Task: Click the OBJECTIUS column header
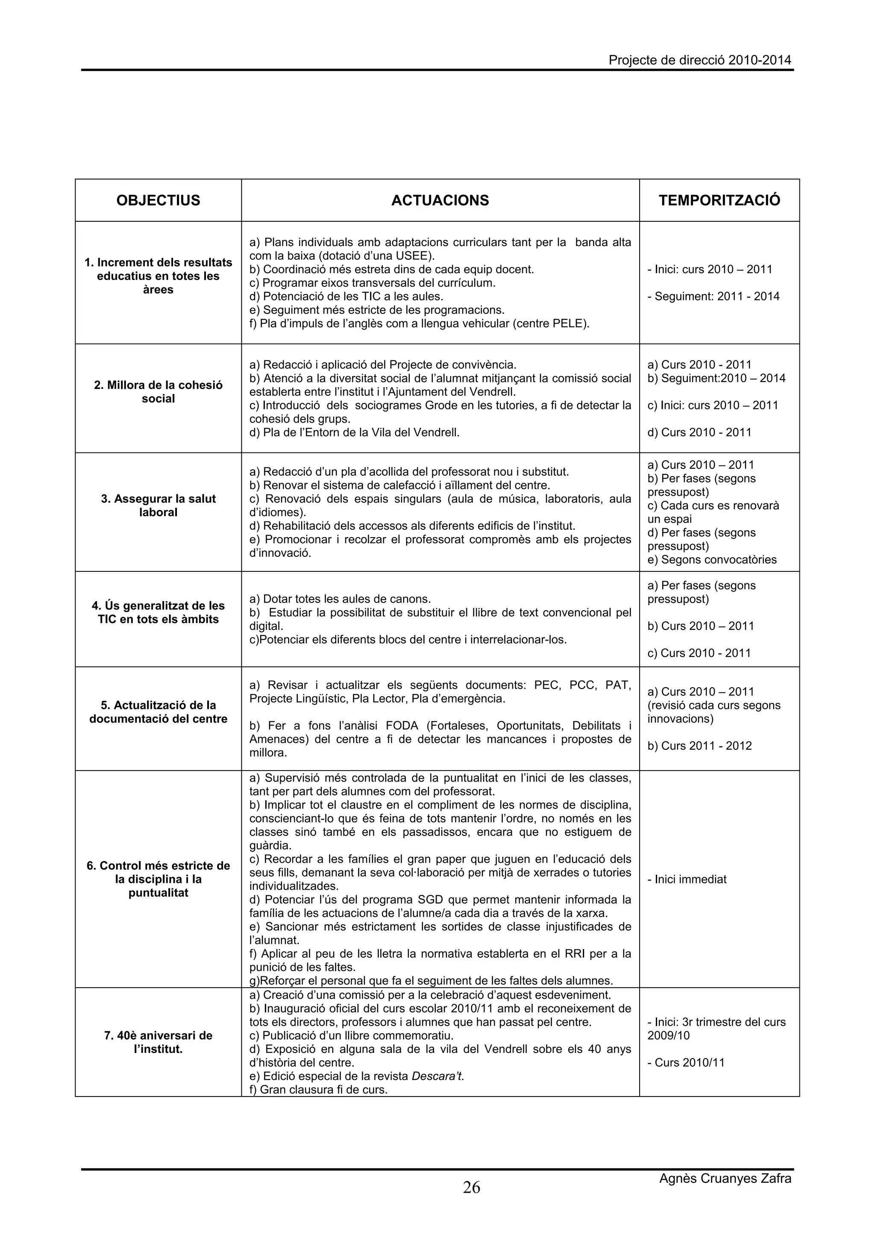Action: click(x=158, y=200)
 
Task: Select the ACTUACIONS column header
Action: click(x=440, y=200)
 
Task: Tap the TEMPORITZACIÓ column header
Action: click(x=719, y=200)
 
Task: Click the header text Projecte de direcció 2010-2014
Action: click(x=700, y=60)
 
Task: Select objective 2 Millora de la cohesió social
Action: click(x=158, y=392)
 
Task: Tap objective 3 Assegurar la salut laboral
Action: click(x=158, y=505)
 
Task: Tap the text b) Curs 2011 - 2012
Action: click(x=699, y=746)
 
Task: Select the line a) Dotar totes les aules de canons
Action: click(x=340, y=599)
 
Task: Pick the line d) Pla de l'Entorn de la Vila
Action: click(x=354, y=432)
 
